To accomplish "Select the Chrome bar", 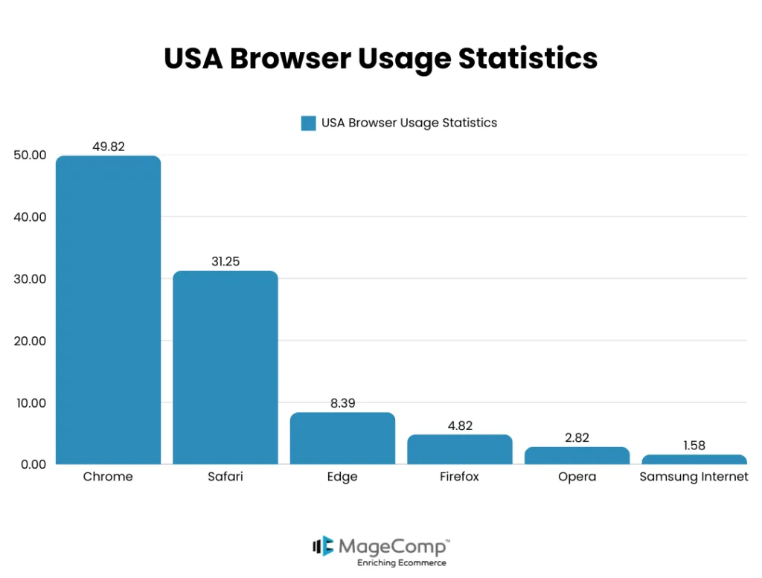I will tap(109, 309).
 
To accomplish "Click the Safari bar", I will tap(225, 367).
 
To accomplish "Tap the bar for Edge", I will tap(342, 438).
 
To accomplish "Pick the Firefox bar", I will tap(460, 449).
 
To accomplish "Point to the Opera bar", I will tap(577, 455).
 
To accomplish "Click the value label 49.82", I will tap(109, 147).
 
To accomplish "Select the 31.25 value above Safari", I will tap(225, 262).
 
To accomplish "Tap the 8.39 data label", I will tap(342, 403).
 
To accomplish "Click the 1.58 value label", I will tap(694, 446).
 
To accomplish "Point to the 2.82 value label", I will tap(577, 438).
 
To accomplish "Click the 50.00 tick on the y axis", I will tap(30, 155).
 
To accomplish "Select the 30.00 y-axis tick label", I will tap(30, 279).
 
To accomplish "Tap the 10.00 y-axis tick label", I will tap(30, 403).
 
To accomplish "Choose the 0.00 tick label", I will tap(33, 464).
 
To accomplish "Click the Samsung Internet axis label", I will tap(694, 477).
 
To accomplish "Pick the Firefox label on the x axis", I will tap(460, 477).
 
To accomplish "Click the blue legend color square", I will tap(308, 123).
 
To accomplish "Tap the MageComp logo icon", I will tap(322, 546).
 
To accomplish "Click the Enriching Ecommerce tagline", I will tap(401, 563).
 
